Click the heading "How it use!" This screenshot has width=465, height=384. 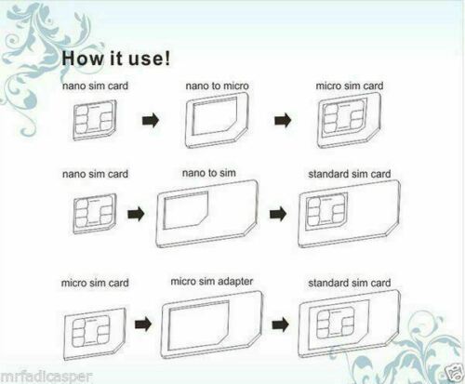point(115,58)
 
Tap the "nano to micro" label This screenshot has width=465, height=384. point(217,86)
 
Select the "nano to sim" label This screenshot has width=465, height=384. point(209,173)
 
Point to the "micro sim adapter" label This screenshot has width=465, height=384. point(212,282)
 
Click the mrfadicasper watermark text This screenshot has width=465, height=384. point(46,377)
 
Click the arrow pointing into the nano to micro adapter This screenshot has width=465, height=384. point(151,120)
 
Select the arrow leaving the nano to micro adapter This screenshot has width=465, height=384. point(283,120)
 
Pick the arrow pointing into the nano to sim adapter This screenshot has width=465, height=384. point(136,214)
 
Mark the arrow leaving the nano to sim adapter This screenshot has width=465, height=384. point(278,214)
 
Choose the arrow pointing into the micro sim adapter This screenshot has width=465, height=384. point(143,324)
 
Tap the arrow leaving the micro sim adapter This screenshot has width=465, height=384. point(281,324)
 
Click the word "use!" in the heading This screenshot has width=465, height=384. point(150,58)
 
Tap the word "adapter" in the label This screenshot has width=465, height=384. point(235,282)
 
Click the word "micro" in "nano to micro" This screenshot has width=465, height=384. point(235,86)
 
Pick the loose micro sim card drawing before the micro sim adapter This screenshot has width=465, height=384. point(95,334)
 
